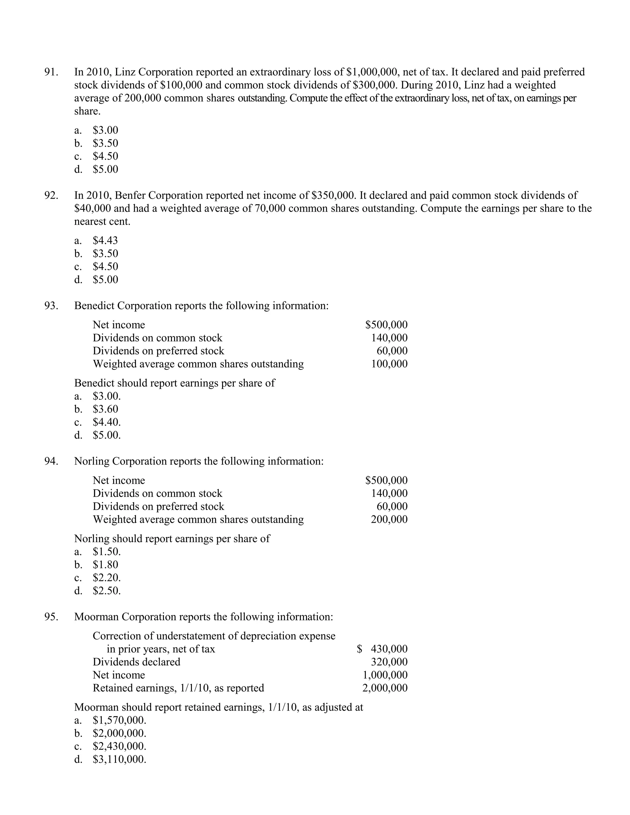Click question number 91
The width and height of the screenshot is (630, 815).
(x=51, y=72)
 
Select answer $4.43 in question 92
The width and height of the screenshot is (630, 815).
(x=105, y=240)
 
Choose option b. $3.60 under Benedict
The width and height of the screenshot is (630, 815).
(x=105, y=409)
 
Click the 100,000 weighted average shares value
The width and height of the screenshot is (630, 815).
(x=389, y=364)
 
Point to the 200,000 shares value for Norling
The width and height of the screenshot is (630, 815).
(x=389, y=519)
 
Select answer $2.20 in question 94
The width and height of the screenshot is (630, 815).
(x=106, y=578)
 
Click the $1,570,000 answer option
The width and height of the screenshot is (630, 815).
(x=119, y=720)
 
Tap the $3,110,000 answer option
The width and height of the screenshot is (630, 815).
(x=119, y=759)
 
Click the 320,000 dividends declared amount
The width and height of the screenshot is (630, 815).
(x=389, y=662)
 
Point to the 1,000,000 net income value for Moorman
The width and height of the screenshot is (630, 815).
(x=385, y=675)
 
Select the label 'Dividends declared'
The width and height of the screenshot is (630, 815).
(x=136, y=662)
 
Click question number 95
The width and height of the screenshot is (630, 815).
(x=51, y=617)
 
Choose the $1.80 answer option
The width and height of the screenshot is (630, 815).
(x=105, y=565)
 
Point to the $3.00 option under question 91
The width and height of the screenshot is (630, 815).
(x=105, y=130)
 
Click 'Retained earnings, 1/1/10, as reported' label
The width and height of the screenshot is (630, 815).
(x=178, y=688)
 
